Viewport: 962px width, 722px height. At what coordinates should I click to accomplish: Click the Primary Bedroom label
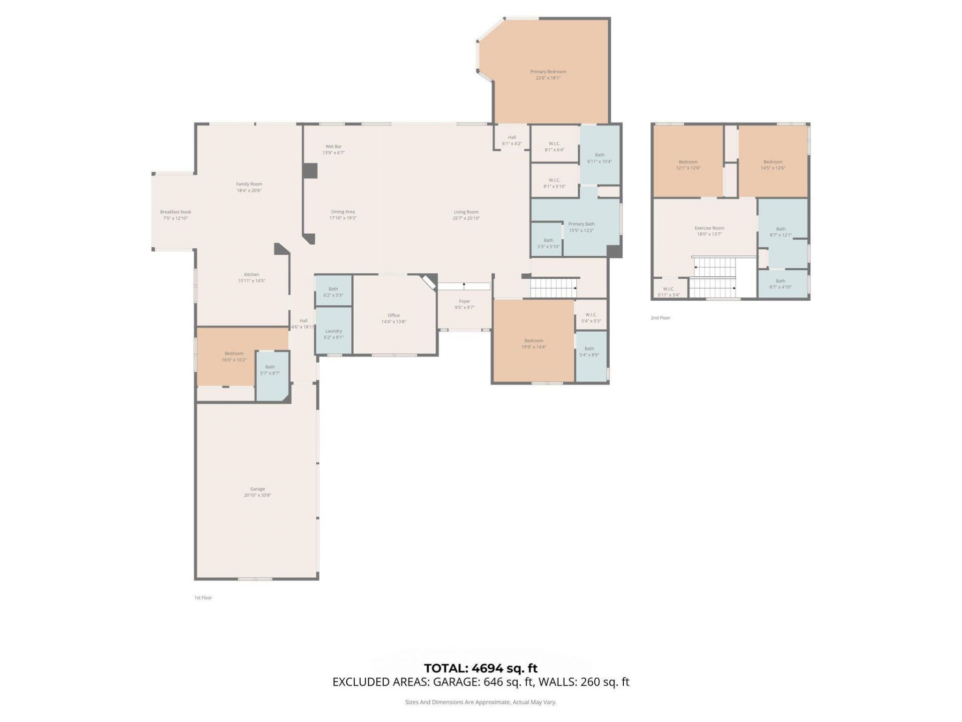click(x=548, y=72)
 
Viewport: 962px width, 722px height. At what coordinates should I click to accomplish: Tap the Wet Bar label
click(x=333, y=146)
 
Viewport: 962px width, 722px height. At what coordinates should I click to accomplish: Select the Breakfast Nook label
click(x=175, y=212)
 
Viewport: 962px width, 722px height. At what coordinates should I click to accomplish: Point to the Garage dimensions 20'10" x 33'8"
click(x=258, y=495)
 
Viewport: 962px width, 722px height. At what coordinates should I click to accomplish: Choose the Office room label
click(x=393, y=315)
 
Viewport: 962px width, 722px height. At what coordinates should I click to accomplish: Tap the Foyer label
click(x=464, y=301)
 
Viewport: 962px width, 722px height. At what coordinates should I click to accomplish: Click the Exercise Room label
click(x=709, y=228)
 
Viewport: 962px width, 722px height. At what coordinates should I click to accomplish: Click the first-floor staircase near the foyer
click(x=553, y=288)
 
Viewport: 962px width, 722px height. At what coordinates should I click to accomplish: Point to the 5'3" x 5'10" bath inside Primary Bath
click(x=548, y=243)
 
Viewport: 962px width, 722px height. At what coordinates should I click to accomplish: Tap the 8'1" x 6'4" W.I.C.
click(x=554, y=146)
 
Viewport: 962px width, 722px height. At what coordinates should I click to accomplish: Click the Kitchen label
click(x=252, y=274)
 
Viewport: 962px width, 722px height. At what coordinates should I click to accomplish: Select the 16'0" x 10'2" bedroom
click(x=234, y=356)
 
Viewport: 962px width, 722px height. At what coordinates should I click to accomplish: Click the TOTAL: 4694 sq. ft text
click(x=480, y=668)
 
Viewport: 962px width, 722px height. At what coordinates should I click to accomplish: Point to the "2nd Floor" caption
click(x=660, y=318)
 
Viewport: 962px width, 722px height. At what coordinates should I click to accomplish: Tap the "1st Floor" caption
click(x=203, y=598)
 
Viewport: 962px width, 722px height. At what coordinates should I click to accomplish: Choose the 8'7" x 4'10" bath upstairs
click(x=780, y=284)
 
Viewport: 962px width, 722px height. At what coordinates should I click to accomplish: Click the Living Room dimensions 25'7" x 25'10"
click(x=466, y=218)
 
